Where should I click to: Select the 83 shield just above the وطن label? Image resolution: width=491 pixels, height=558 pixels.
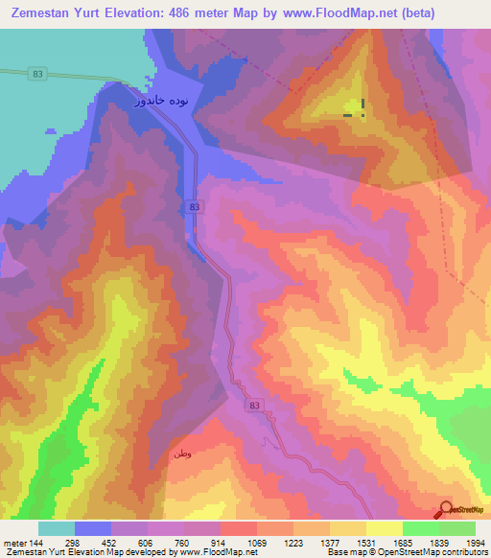tap(253, 407)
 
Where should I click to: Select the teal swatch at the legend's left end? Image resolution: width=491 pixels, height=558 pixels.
tap(57, 528)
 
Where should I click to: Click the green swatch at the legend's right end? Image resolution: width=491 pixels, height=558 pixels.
tap(457, 528)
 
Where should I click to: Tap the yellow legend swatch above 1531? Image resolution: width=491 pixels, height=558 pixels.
tap(385, 528)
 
